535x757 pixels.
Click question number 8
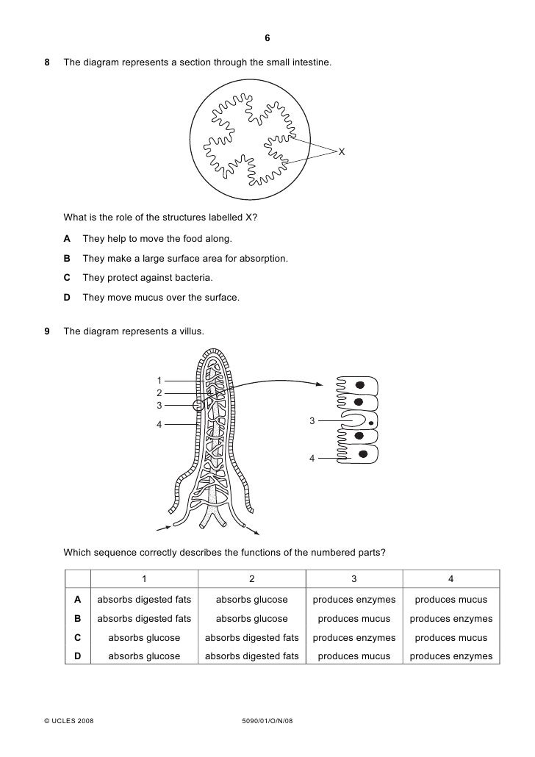tap(48, 65)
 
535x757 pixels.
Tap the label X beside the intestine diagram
tap(341, 151)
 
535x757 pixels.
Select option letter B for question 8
tap(67, 259)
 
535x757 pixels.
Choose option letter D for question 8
tap(67, 298)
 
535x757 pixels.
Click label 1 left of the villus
tap(158, 380)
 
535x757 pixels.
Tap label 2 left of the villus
tap(158, 392)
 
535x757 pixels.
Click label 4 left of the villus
tap(158, 424)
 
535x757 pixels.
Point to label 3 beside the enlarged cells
tap(312, 421)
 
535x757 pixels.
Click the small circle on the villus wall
tap(198, 405)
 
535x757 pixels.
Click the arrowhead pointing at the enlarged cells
tap(319, 384)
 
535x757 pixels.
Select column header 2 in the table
tap(251, 578)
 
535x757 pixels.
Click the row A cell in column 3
tap(354, 600)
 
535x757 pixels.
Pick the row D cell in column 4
tap(450, 656)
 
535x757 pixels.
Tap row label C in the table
tap(78, 637)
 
